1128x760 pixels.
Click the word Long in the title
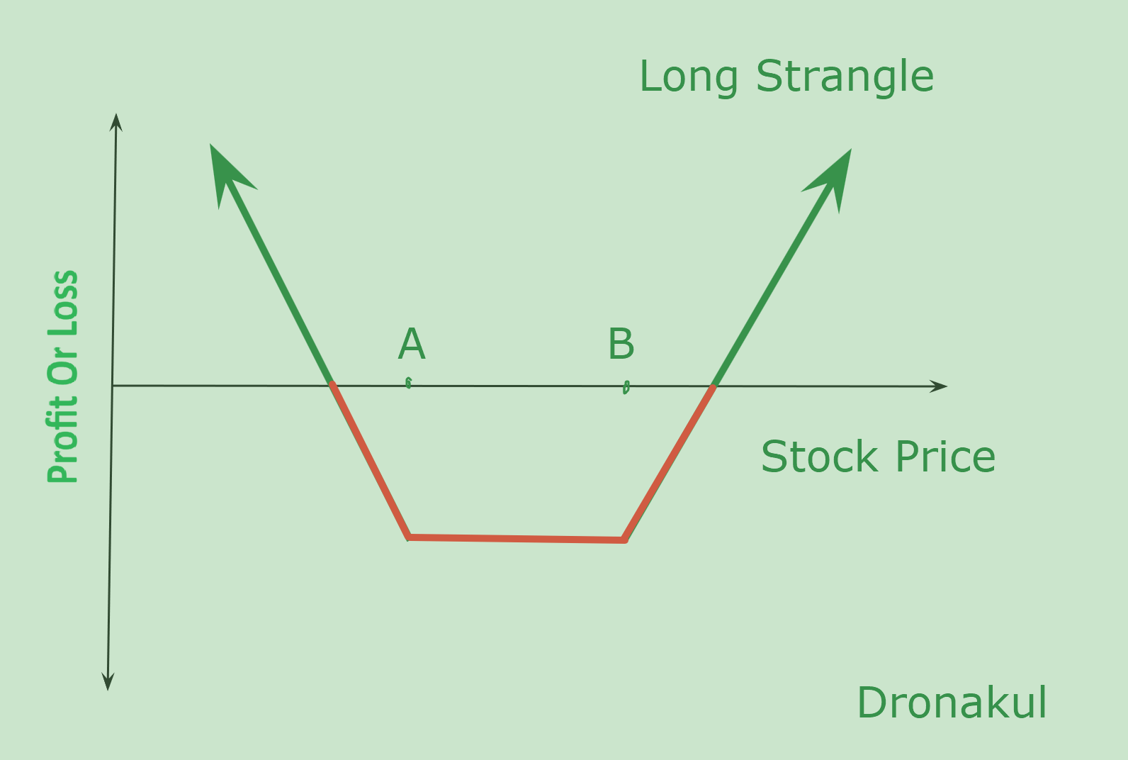[x=689, y=77]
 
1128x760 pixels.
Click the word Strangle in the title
[x=845, y=77]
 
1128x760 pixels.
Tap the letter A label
[x=412, y=344]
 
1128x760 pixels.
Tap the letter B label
[x=621, y=344]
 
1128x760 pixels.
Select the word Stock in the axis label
[x=819, y=457]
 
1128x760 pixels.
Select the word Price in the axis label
[x=946, y=457]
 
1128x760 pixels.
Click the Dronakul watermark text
[x=952, y=703]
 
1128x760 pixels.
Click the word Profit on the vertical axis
[x=62, y=440]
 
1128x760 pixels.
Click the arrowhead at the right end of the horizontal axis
[x=939, y=386]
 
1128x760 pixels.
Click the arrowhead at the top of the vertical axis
[x=115, y=123]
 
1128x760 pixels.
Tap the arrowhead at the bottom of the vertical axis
[x=108, y=681]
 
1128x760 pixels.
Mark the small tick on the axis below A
[x=408, y=384]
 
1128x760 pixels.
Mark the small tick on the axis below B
[x=626, y=387]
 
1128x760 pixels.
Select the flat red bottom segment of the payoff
[x=517, y=540]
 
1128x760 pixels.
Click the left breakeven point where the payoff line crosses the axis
[x=332, y=386]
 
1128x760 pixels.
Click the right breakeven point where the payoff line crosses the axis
[x=713, y=386]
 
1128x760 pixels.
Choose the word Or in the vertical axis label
[x=62, y=365]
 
